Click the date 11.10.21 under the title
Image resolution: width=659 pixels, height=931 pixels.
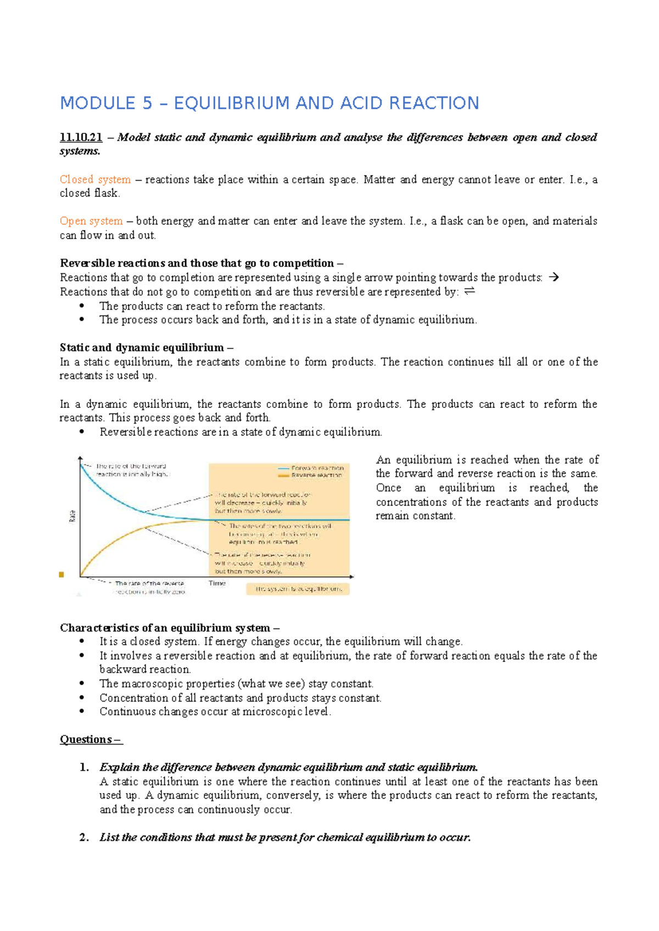[81, 137]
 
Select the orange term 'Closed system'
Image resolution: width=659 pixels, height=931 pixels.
[95, 180]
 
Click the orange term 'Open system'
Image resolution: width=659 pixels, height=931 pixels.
[91, 221]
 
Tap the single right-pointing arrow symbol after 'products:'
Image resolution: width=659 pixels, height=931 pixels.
[554, 277]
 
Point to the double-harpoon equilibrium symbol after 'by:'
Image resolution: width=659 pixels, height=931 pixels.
[470, 291]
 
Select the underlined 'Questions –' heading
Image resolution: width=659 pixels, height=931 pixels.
[91, 739]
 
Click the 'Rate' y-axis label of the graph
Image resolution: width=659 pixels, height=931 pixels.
[72, 516]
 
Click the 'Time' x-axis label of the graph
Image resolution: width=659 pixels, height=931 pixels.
[217, 583]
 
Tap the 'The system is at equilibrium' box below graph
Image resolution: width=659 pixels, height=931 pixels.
[298, 589]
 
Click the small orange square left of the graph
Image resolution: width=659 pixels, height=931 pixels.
[62, 575]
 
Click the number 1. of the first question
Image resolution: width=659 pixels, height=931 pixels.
[84, 767]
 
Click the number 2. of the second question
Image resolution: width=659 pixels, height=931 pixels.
[84, 838]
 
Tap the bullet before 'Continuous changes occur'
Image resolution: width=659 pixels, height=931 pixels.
[82, 711]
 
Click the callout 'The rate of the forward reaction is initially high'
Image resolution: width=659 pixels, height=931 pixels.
[132, 470]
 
